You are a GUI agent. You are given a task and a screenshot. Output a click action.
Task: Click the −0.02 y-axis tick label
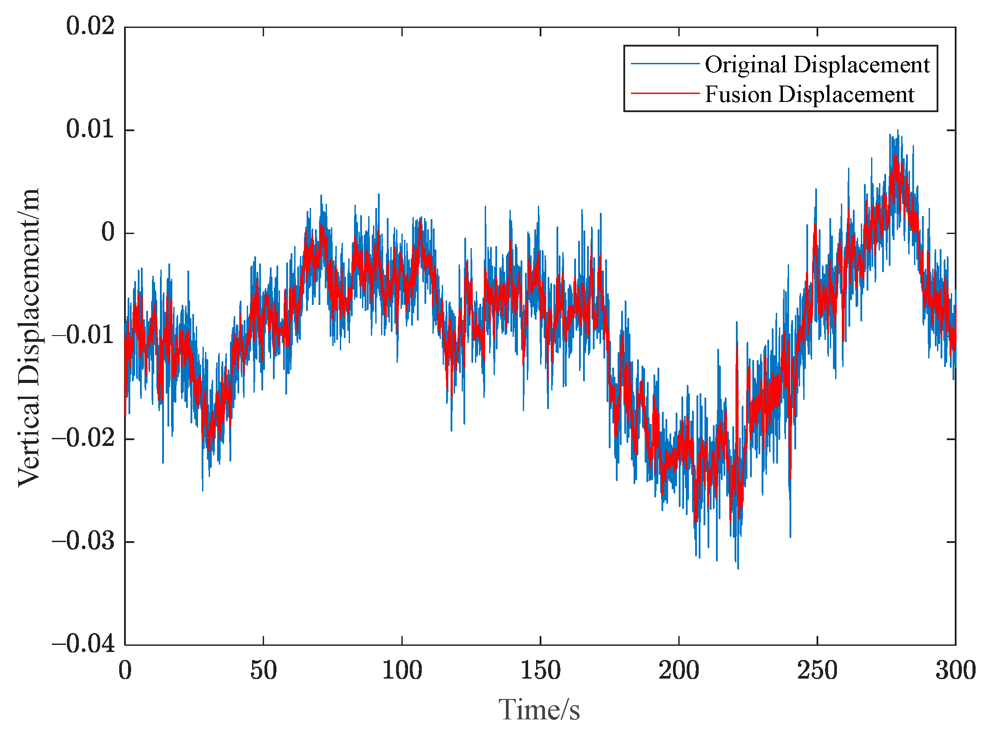point(83,438)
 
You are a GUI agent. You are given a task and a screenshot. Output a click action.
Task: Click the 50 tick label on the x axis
point(263,671)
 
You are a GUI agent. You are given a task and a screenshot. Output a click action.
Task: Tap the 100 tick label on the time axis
point(401,671)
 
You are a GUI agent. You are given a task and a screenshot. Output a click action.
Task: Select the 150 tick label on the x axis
point(540,671)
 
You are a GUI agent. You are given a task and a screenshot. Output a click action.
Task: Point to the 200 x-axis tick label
point(678,671)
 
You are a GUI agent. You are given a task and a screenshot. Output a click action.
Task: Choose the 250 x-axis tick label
point(817,671)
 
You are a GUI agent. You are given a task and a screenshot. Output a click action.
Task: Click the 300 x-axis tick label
point(955,671)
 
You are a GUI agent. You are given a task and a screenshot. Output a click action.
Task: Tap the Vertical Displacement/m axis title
point(29,338)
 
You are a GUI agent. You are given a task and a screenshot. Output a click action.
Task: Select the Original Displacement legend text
point(817,65)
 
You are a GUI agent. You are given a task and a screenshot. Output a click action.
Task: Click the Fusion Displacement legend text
point(809,94)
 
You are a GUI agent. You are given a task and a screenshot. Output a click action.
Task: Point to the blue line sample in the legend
point(665,64)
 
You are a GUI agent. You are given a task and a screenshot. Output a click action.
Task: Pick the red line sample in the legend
point(665,94)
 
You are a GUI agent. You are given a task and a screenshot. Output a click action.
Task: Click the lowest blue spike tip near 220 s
point(738,568)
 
